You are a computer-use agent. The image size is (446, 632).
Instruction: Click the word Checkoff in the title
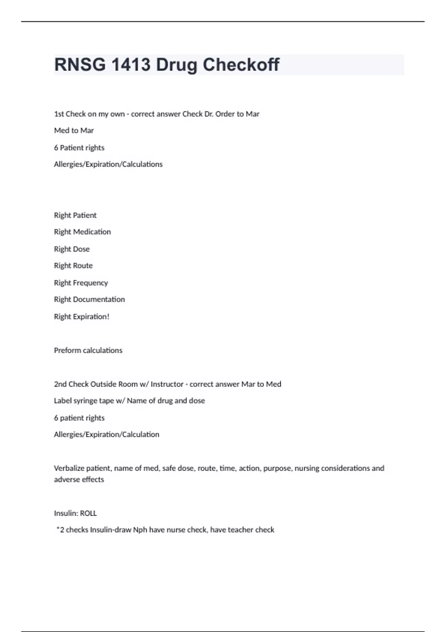coord(241,65)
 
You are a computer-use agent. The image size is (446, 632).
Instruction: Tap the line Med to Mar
coord(74,130)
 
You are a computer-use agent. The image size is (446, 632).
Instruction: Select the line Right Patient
coord(75,215)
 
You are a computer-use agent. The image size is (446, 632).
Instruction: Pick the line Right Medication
coord(82,232)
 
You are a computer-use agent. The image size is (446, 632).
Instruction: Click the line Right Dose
coord(72,249)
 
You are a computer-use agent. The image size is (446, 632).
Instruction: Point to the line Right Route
coord(73,266)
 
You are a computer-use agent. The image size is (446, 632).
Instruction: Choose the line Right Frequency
coord(81,283)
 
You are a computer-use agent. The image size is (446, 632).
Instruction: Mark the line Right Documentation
coord(89,300)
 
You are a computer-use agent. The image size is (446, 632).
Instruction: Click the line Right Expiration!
coord(81,317)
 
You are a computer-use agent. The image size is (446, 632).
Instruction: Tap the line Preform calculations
coord(88,351)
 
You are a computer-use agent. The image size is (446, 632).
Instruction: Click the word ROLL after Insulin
coord(88,513)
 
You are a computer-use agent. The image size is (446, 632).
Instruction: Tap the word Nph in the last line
coord(140,530)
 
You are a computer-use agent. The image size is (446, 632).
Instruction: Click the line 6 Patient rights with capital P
coord(79,148)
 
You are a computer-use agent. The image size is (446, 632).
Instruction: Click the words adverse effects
coord(79,480)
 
